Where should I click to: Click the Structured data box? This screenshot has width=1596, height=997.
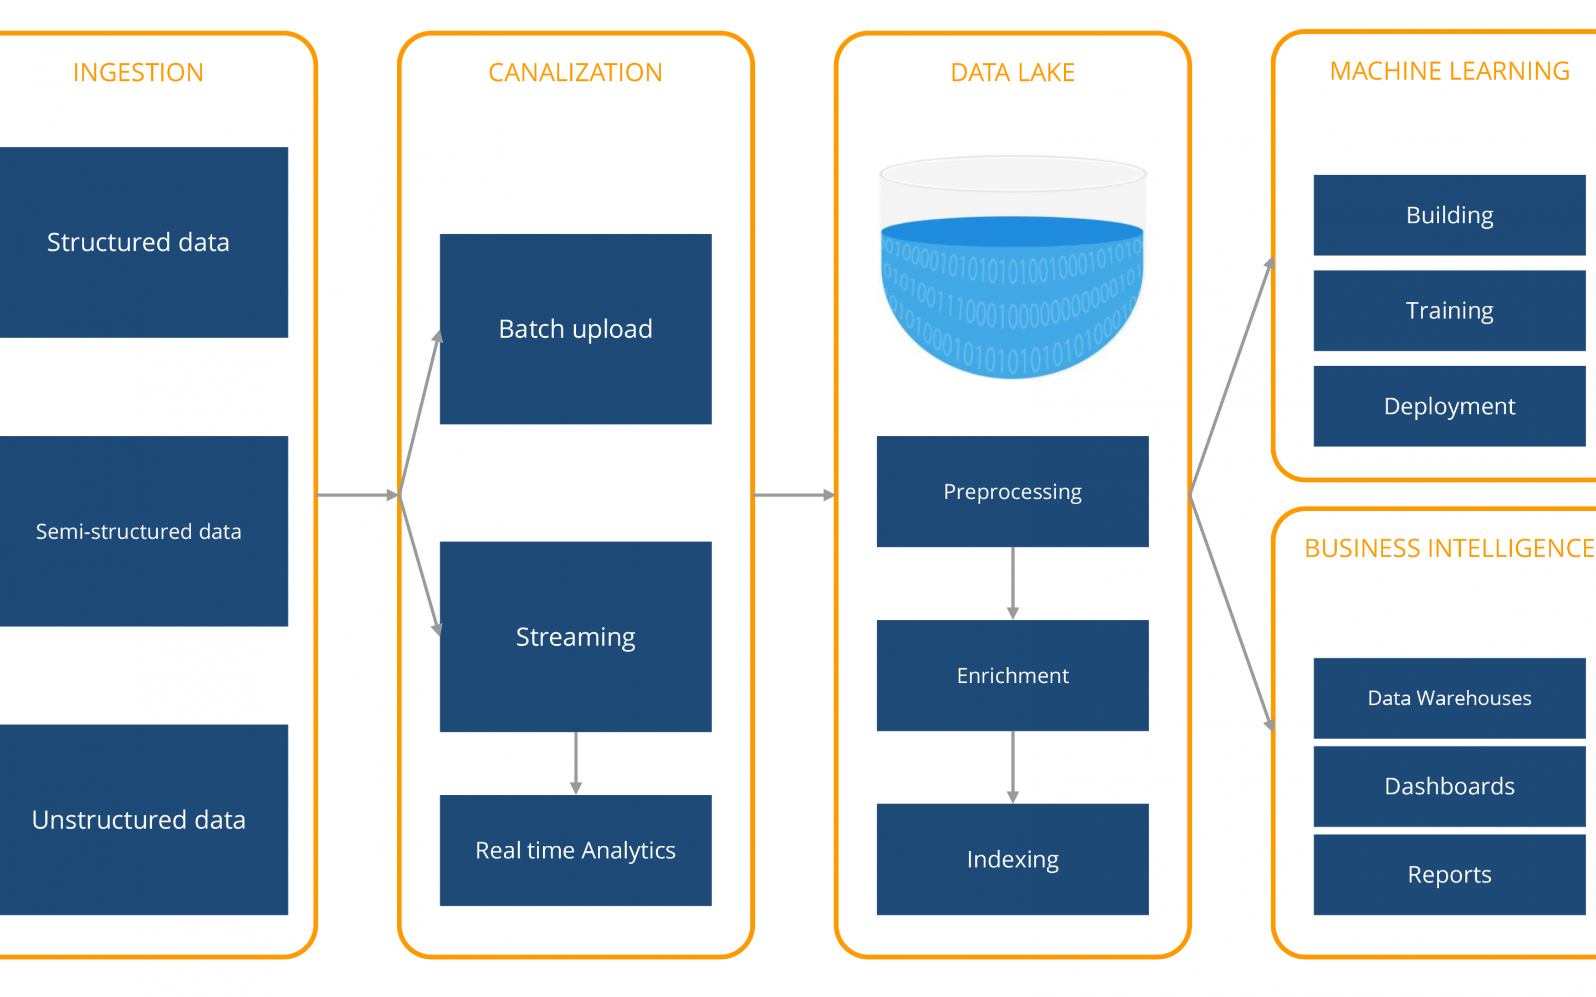point(144,242)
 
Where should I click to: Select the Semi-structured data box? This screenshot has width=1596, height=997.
point(144,531)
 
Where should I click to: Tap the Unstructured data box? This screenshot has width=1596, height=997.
point(144,820)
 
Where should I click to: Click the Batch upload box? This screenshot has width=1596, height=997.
point(576,329)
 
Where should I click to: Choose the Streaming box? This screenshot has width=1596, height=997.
point(576,637)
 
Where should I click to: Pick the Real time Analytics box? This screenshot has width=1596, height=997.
point(576,851)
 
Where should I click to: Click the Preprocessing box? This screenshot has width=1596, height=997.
point(1012,491)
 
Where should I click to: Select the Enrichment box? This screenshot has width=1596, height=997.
point(1012,675)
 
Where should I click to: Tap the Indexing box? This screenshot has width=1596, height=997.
point(1012,859)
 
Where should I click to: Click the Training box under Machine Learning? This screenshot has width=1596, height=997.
point(1450,311)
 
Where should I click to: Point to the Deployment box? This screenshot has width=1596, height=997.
point(1450,406)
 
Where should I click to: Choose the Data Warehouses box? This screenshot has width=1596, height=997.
point(1450,698)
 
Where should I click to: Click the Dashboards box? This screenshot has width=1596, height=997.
point(1450,787)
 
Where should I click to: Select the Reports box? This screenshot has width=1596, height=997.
point(1450,875)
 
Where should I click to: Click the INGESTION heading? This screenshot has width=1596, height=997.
point(139,73)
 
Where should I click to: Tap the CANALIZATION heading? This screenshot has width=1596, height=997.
point(576,73)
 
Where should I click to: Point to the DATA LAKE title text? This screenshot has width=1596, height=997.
point(1012,73)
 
